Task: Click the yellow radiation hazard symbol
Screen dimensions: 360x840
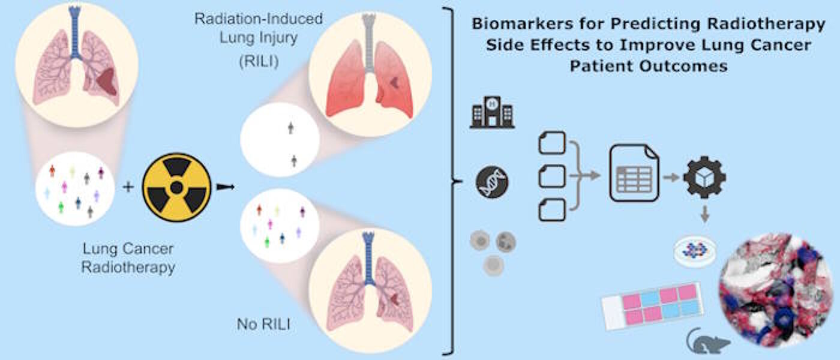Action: pos(176,188)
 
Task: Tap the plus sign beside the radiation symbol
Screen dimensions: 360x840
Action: pos(128,188)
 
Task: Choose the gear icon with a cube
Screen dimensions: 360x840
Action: pos(705,177)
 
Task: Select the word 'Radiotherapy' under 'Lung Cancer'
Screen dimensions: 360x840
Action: pos(128,267)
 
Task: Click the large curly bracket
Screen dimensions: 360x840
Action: pos(450,180)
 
